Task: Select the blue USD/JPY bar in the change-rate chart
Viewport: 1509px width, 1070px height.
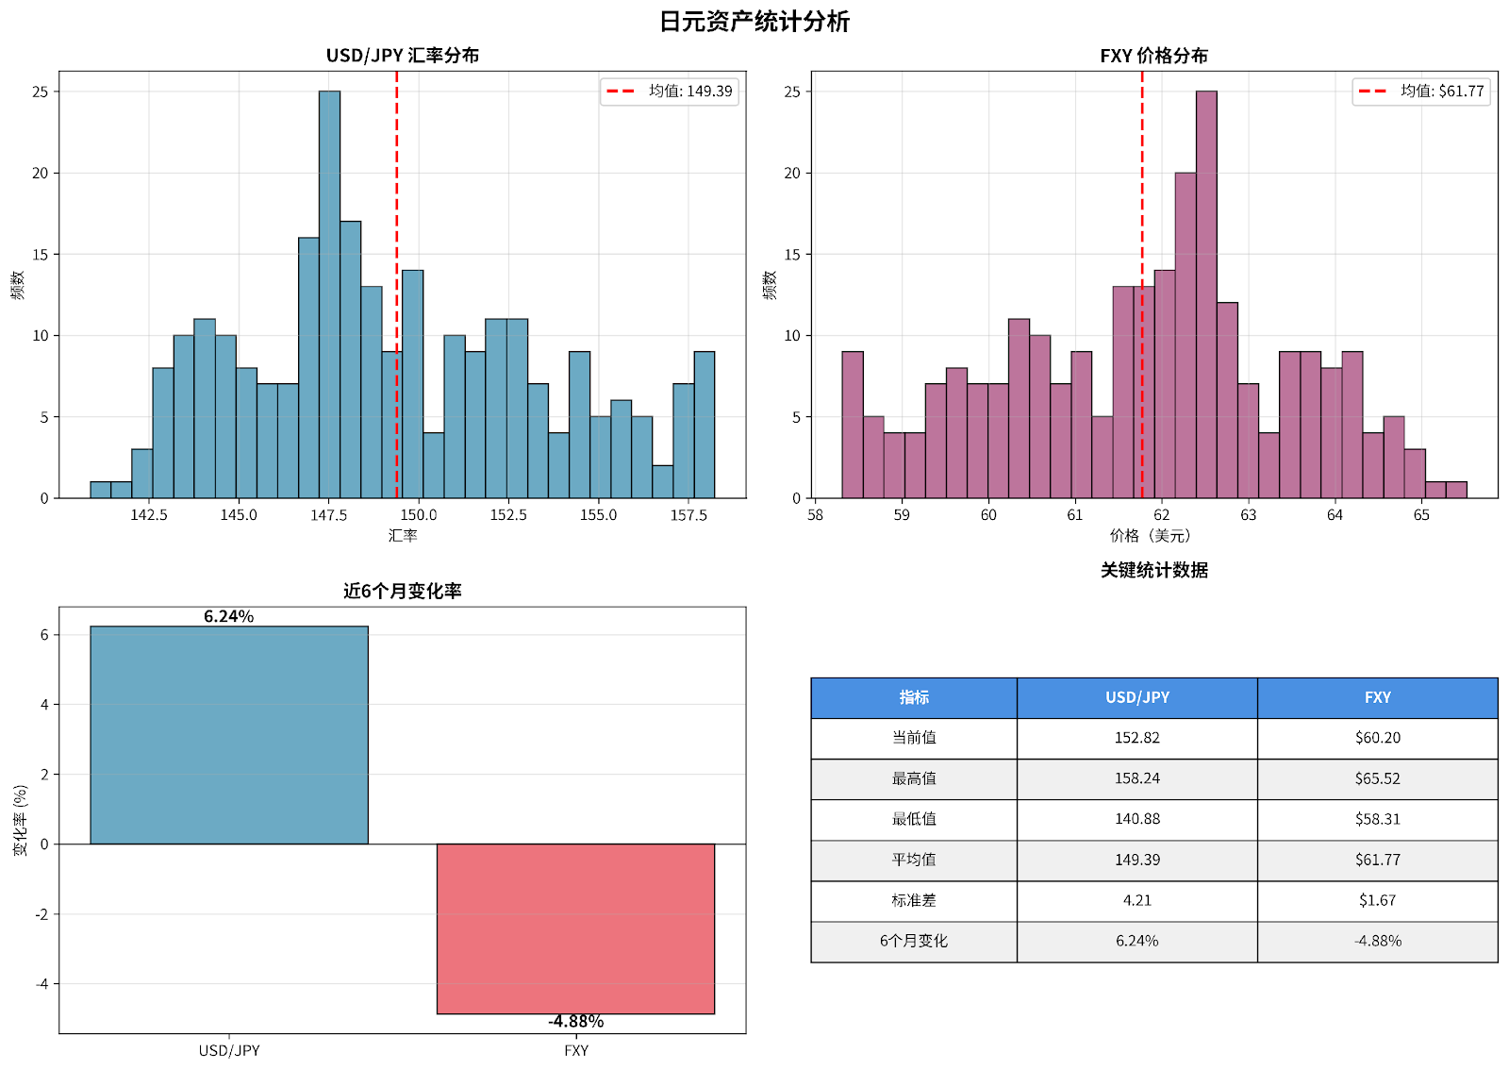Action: click(229, 735)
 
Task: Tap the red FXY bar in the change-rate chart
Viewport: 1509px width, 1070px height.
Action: click(575, 928)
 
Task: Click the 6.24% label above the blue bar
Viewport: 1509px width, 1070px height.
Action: click(229, 616)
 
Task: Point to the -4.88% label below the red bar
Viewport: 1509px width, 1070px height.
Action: click(575, 1022)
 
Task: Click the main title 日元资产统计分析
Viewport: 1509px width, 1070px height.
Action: click(754, 22)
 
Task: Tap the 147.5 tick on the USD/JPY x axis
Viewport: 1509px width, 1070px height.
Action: click(329, 515)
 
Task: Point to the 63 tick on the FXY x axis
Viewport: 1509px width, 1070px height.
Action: click(1249, 515)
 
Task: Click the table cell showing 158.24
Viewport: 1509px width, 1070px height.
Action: click(1137, 778)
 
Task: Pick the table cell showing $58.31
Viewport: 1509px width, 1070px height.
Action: click(1377, 819)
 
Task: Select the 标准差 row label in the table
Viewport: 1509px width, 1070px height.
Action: click(914, 900)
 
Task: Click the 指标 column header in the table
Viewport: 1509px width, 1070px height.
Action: click(914, 697)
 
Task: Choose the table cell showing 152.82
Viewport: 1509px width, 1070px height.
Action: click(1137, 738)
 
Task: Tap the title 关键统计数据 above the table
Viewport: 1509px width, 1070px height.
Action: click(1153, 570)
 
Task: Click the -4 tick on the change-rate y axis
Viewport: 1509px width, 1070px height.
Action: click(42, 983)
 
